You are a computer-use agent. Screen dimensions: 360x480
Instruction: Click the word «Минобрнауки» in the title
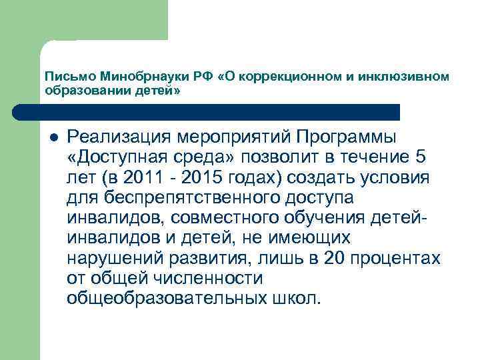[126, 77]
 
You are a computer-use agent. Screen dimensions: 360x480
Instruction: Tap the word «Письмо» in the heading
[63, 77]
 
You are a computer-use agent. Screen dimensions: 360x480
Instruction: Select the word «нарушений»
[111, 258]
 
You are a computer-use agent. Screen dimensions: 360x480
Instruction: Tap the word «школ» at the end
[299, 298]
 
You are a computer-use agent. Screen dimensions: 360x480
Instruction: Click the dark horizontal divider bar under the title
[220, 111]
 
